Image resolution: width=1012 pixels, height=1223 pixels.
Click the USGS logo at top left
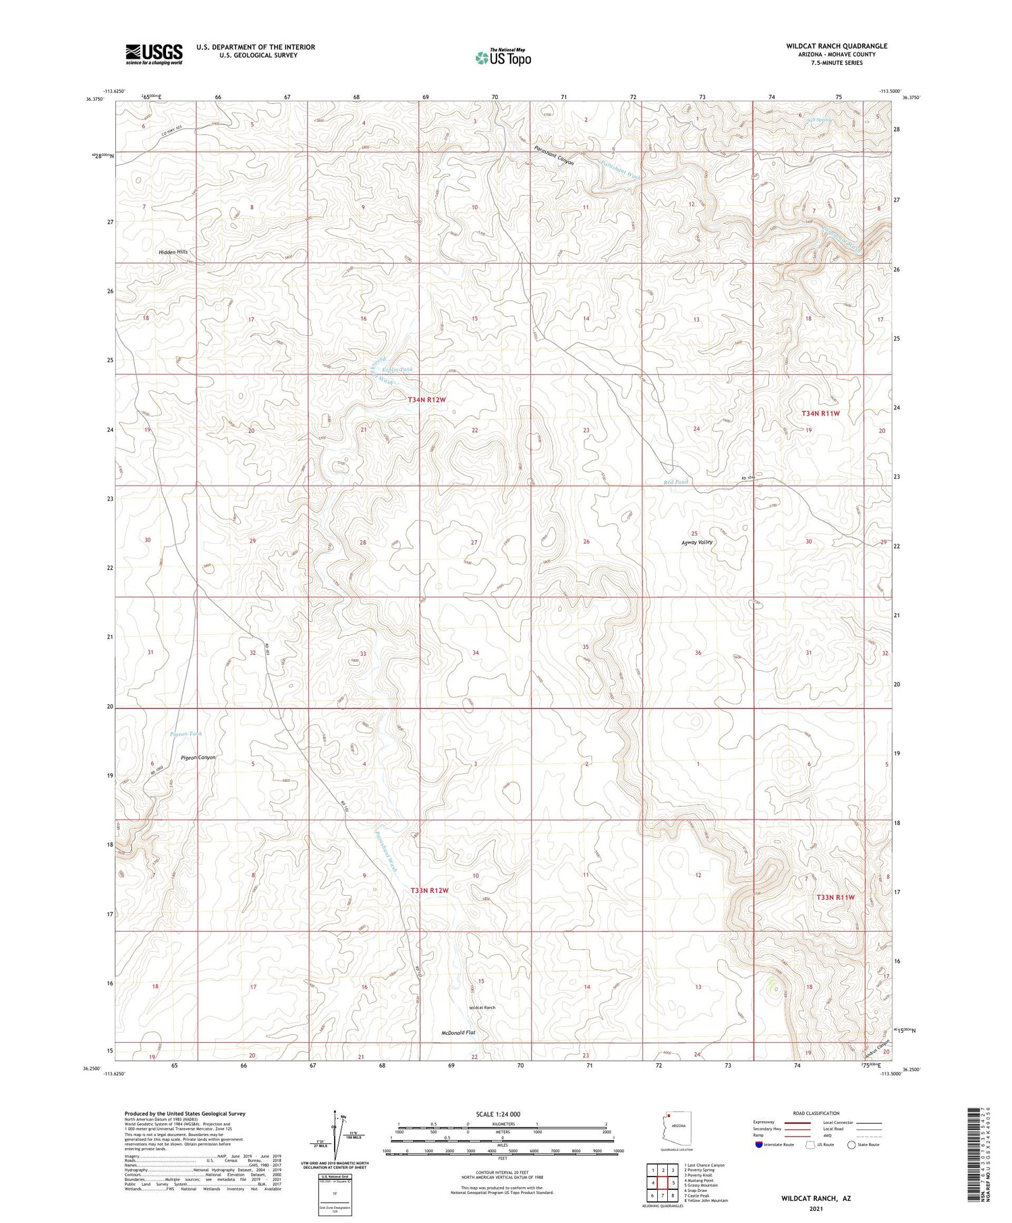coord(154,54)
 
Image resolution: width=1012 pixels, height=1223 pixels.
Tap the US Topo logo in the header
coord(503,58)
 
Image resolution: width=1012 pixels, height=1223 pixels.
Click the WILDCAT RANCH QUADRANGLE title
coord(837,46)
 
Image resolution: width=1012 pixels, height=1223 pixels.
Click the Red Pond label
coord(675,482)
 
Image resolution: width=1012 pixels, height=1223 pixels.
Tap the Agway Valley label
coord(697,542)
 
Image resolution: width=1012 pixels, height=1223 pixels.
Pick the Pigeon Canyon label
coord(198,758)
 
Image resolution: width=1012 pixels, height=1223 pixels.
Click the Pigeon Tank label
coord(186,734)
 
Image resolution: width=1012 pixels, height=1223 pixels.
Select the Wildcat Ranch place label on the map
coord(482,1008)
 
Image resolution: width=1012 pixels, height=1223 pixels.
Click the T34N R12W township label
coord(427,400)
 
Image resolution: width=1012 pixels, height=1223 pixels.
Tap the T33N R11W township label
coord(835,897)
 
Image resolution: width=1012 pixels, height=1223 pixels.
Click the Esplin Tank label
coord(397,370)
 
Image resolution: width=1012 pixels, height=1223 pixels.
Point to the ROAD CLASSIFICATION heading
coord(816,1113)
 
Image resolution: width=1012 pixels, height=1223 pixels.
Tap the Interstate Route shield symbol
coord(759,1145)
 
